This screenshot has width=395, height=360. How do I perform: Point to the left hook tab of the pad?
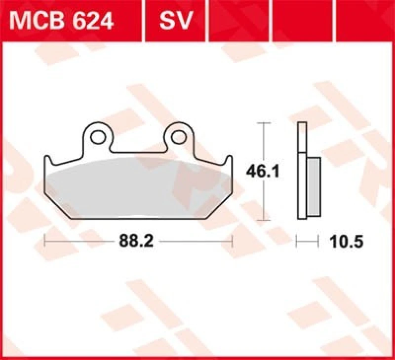coord(48,160)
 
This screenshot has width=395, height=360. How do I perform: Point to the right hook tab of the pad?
coord(229,160)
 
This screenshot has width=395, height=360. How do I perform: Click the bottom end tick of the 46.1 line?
coord(265,219)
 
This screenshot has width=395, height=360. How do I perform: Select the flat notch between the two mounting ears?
coord(138,150)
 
